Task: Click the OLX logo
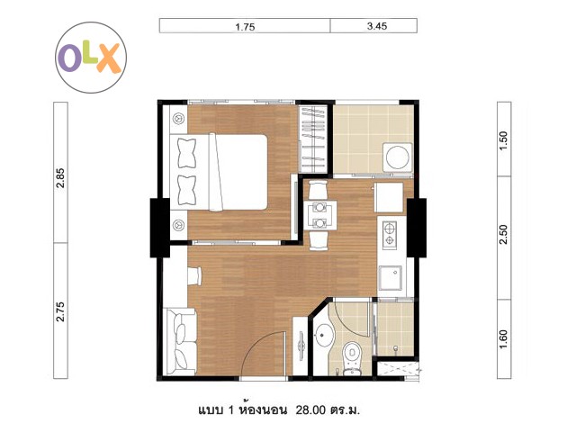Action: [x=91, y=58]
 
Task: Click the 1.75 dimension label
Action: [x=245, y=27]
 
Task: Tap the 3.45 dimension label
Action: [x=377, y=26]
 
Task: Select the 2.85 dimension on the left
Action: [x=60, y=178]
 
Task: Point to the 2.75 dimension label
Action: [x=60, y=312]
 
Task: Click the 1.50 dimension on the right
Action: [x=503, y=139]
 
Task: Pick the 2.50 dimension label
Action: [x=503, y=234]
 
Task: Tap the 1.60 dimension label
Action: [x=503, y=339]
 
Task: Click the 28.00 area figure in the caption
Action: [x=310, y=409]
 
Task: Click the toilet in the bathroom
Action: [x=352, y=357]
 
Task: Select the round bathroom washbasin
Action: [x=324, y=334]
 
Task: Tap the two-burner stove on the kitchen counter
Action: [x=389, y=234]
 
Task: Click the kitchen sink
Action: [x=390, y=278]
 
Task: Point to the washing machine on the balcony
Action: [x=398, y=157]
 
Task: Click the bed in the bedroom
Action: [x=219, y=172]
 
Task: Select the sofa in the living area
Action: [x=181, y=342]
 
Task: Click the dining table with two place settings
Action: [x=320, y=215]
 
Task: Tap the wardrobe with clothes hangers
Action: [x=312, y=139]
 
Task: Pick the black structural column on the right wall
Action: [x=417, y=228]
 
